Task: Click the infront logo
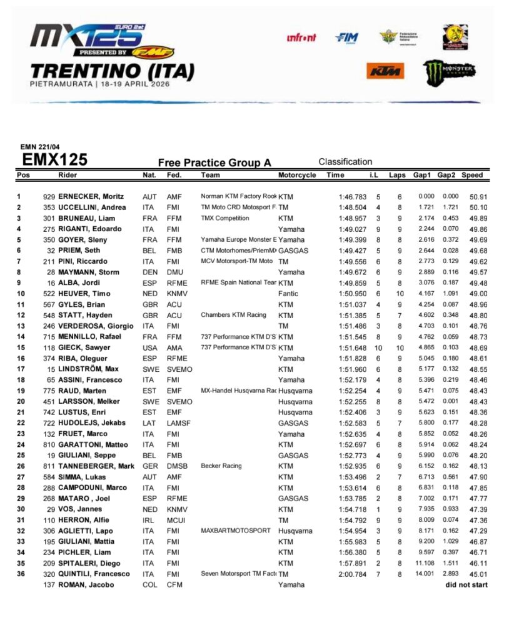301,37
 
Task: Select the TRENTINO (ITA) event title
113,69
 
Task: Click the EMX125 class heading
55,160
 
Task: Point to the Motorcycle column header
297,175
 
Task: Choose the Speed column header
472,175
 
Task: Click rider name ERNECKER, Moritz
91,196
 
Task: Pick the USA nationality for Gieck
150,347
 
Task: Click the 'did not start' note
466,584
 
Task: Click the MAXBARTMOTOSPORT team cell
236,530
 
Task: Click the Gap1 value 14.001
425,574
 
